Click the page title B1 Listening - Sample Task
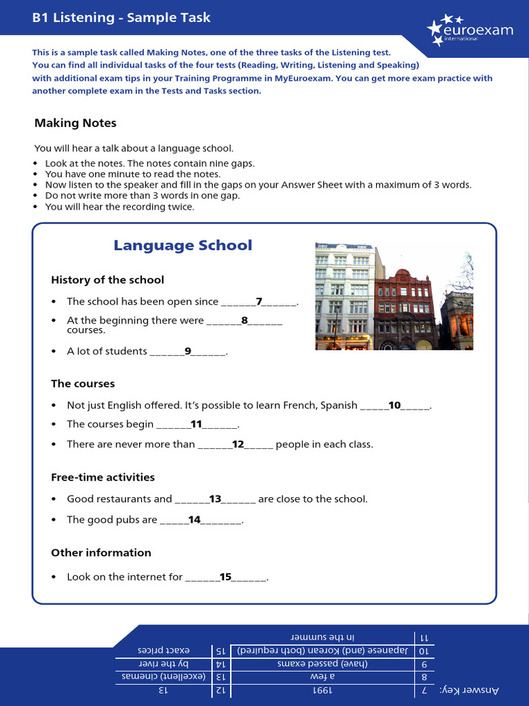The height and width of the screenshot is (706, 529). [x=121, y=17]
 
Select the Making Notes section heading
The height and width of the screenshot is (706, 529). [x=76, y=123]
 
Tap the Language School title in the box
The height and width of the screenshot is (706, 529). [x=183, y=245]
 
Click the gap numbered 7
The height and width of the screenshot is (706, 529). [x=259, y=301]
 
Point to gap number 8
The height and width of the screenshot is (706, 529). [x=244, y=320]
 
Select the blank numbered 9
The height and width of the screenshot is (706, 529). [x=187, y=351]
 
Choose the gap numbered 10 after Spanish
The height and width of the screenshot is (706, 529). [x=395, y=405]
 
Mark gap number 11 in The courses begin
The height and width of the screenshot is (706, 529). [x=196, y=424]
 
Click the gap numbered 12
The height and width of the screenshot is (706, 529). [x=238, y=444]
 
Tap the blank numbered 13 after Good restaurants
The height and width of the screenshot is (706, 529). [x=215, y=498]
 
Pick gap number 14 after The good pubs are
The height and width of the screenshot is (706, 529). [x=194, y=520]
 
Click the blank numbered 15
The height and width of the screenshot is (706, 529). [x=225, y=576]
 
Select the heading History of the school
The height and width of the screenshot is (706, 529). [x=107, y=280]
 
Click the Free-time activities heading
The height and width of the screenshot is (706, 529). [x=103, y=477]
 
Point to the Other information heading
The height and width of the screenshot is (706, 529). [x=101, y=552]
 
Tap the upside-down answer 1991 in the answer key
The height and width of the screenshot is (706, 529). [x=322, y=689]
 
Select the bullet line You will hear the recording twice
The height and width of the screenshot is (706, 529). [x=120, y=207]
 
